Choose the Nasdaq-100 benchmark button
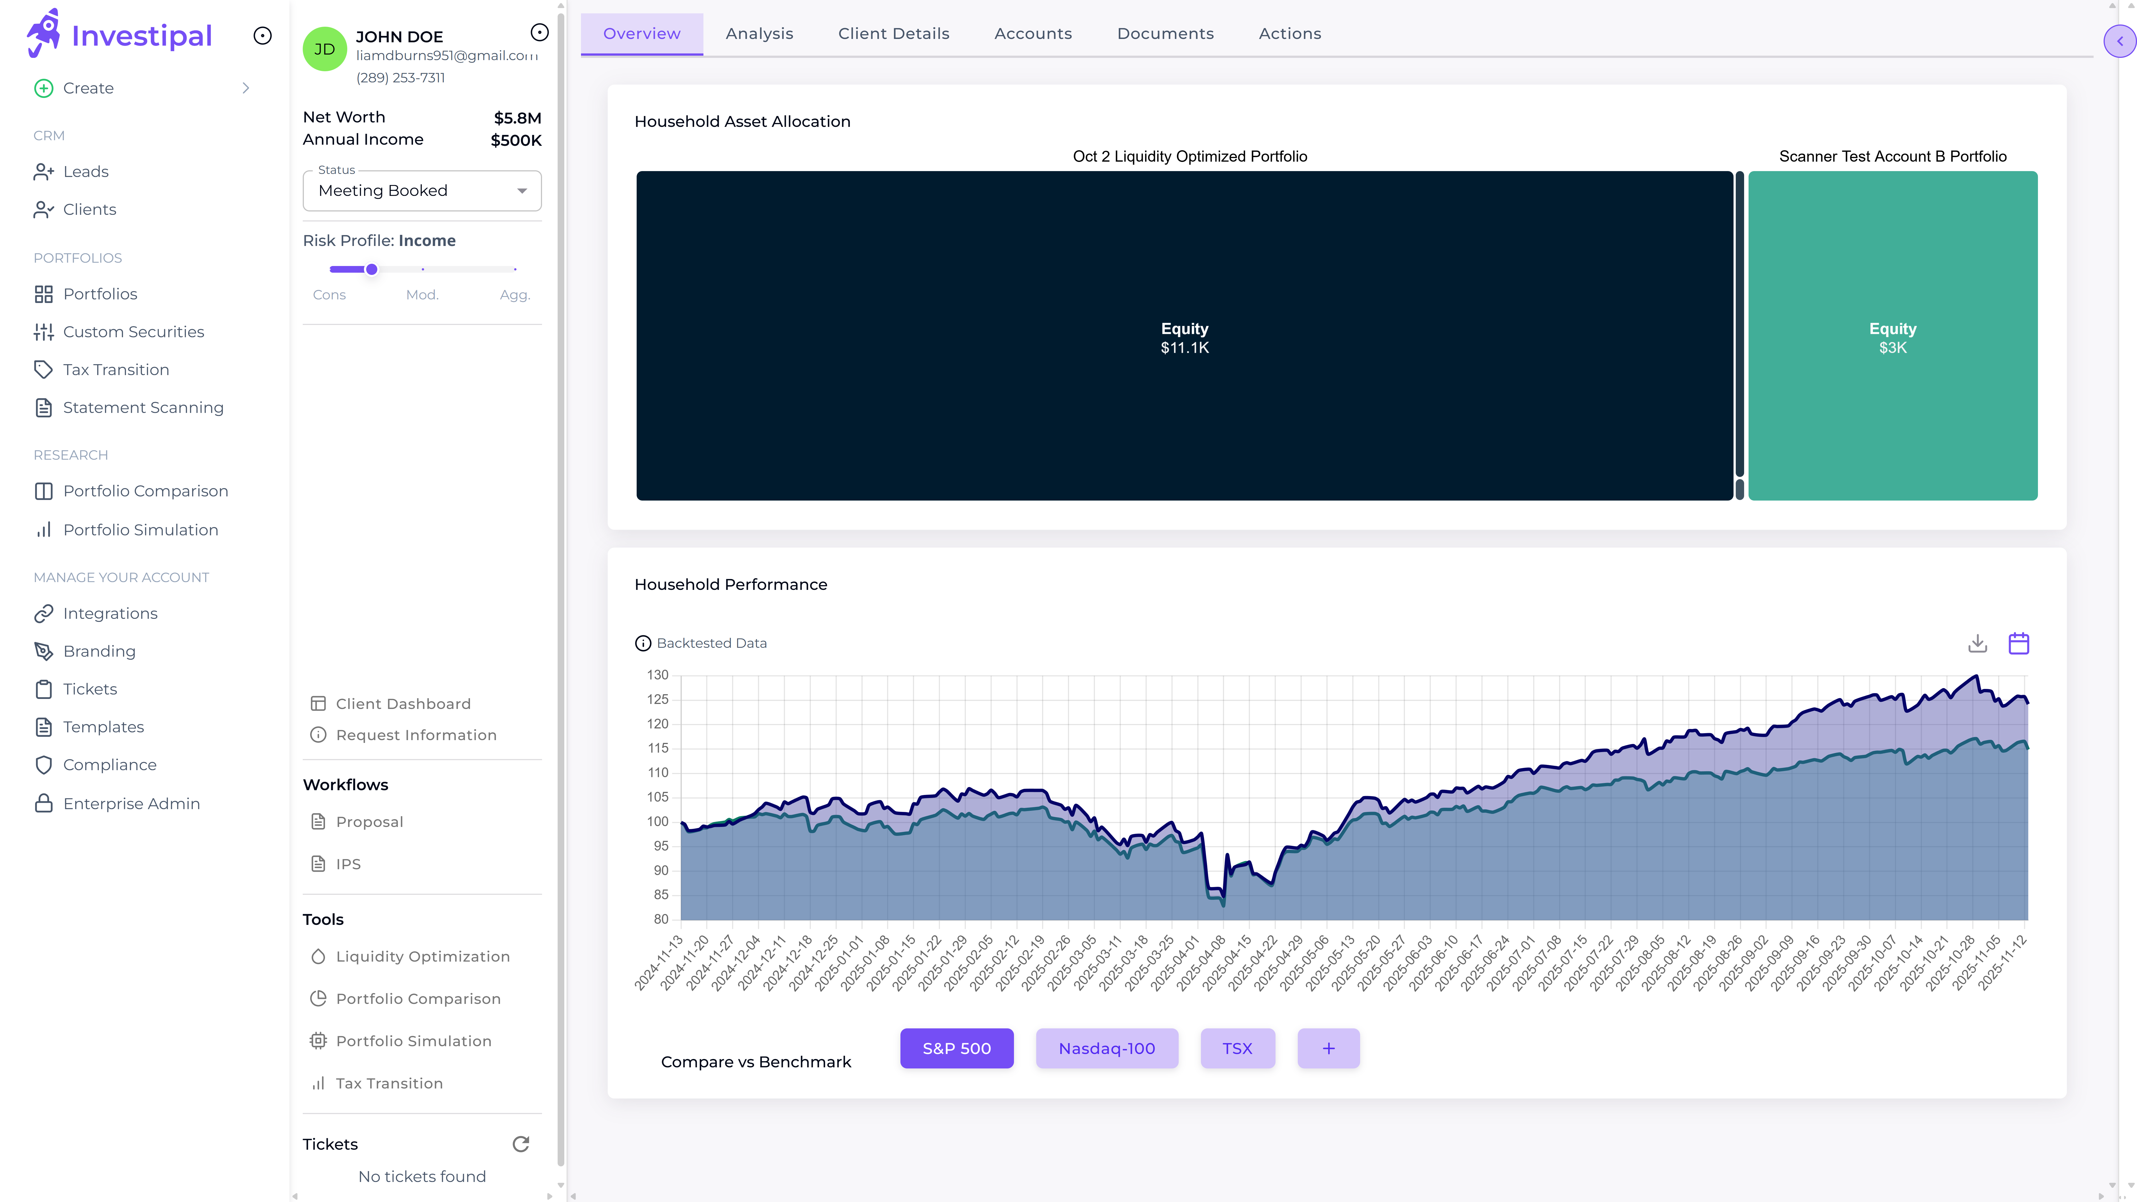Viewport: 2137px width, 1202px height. point(1107,1048)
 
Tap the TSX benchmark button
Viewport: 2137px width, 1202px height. point(1237,1048)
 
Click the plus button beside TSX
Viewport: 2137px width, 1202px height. point(1328,1048)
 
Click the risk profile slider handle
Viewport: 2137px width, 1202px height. point(372,270)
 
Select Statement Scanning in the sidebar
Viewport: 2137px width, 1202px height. point(143,407)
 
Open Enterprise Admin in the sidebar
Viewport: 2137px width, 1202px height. point(131,804)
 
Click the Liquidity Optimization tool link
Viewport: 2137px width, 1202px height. point(422,957)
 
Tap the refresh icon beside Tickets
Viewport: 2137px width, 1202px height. point(521,1144)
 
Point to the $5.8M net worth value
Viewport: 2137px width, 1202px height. point(518,118)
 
